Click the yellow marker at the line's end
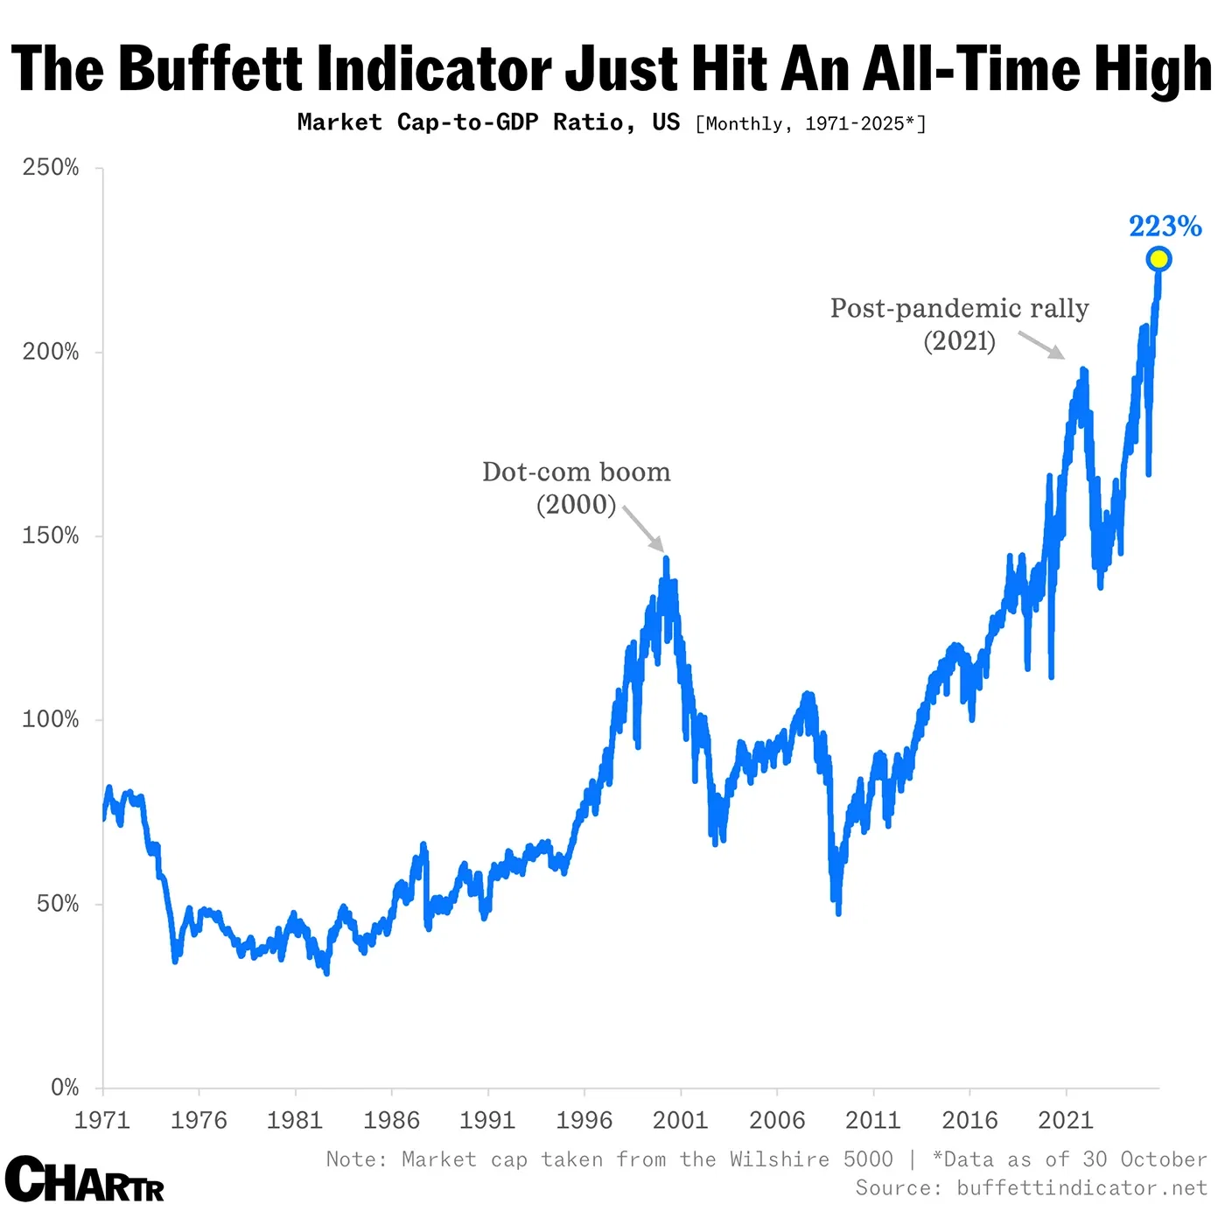(1158, 259)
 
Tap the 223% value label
(1165, 227)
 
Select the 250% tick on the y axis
(51, 168)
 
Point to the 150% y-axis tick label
(51, 535)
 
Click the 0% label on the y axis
(65, 1088)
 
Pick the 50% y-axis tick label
(58, 904)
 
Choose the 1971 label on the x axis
(102, 1121)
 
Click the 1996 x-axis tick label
(584, 1121)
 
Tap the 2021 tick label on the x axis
(1065, 1121)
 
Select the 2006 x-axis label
(777, 1121)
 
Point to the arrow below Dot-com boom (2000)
(644, 528)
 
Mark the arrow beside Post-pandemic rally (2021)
(1041, 345)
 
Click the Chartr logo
(85, 1180)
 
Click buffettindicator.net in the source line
(1081, 1187)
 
